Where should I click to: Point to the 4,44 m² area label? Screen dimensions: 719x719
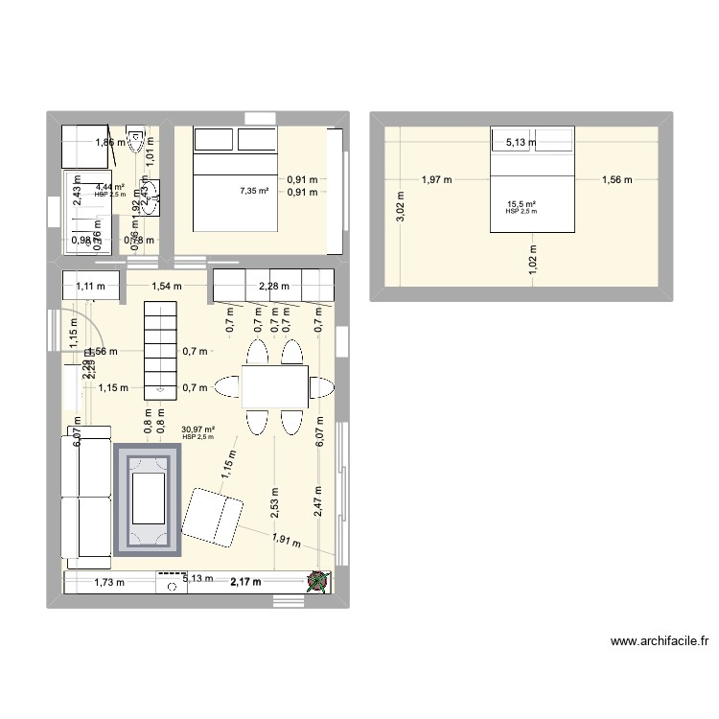pos(109,188)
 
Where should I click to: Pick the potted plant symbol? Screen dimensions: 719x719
pos(317,580)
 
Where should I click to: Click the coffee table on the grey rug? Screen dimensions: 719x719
pos(148,499)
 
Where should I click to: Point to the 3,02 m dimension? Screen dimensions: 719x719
pos(400,206)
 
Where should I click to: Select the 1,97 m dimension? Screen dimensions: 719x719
pos(437,178)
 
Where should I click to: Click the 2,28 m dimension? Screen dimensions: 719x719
pos(273,285)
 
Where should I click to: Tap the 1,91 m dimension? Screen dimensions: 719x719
pos(285,542)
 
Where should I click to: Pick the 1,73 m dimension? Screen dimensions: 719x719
pos(108,582)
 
